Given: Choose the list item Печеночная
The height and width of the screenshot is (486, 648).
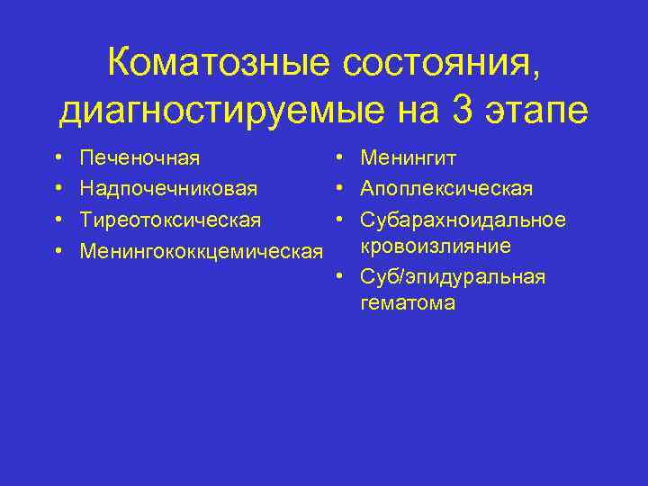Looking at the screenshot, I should click(139, 159).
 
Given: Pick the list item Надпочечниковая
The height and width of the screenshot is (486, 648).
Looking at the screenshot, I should click(168, 189).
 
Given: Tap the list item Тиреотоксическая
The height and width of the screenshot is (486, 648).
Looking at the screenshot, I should click(171, 220).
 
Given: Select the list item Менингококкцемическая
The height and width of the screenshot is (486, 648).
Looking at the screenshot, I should click(201, 249).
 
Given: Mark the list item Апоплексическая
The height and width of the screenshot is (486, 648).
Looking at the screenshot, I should click(446, 189).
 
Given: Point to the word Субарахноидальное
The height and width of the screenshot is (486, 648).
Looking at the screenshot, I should click(463, 220).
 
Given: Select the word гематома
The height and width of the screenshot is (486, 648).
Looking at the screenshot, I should click(407, 303).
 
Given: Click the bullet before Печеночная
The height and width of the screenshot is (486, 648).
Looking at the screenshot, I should click(58, 159).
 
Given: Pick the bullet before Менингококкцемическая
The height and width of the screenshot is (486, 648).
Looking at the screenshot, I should click(58, 249).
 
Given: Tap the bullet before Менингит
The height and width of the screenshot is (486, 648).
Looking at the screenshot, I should click(339, 159).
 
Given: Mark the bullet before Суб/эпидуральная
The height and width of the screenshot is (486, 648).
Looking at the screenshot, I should click(339, 276).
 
